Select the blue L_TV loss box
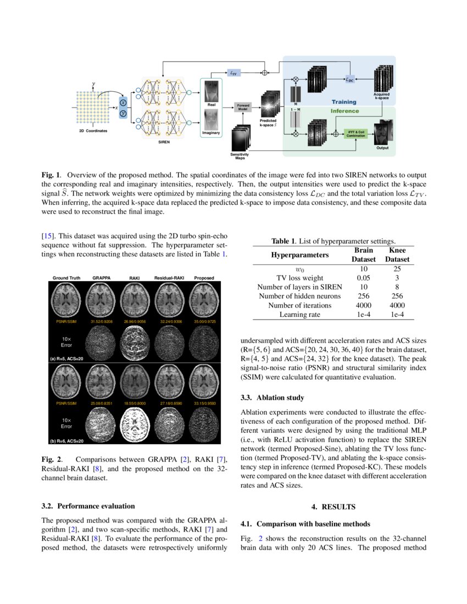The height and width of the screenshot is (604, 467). (235, 72)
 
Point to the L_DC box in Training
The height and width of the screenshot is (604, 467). (350, 80)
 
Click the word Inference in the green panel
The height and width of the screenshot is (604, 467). (344, 111)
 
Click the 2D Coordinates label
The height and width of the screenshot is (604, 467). (93, 132)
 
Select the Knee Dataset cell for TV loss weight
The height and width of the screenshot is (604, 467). (397, 278)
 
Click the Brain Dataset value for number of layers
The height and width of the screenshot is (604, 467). (363, 287)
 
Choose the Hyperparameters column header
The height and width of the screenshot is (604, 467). (299, 255)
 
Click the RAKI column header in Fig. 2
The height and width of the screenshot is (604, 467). (135, 278)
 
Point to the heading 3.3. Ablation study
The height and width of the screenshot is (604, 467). (273, 397)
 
